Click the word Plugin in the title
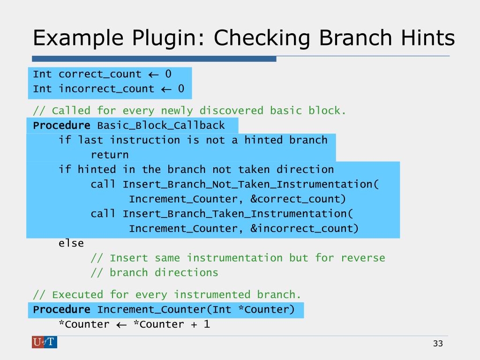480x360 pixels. point(160,38)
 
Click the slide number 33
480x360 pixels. point(438,344)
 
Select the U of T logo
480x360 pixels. point(45,342)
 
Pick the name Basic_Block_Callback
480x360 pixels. point(161,126)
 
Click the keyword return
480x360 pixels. point(110,155)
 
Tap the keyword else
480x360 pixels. point(71,243)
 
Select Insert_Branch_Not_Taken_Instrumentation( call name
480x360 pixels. point(251,184)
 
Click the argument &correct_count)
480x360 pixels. point(298,199)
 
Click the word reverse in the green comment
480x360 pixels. point(363,258)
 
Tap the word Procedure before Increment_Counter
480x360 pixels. point(61,310)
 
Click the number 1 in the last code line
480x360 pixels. point(206,324)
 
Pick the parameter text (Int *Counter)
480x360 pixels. point(253,310)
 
